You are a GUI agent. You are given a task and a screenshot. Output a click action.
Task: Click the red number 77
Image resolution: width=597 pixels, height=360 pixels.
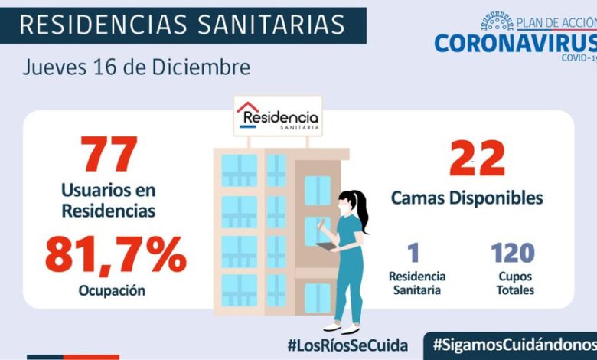[x=109, y=155]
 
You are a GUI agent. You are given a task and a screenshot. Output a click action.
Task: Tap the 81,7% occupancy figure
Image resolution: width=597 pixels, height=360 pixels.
[x=116, y=256]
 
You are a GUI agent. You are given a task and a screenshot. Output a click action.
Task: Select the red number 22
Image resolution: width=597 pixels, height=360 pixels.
[x=477, y=159]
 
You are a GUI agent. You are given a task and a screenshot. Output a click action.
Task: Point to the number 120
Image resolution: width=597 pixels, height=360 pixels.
[x=512, y=253]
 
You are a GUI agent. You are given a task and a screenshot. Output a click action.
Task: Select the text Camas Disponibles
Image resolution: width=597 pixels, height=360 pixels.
[x=467, y=198]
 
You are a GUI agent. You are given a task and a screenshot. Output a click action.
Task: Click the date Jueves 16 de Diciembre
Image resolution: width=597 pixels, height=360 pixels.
[x=135, y=67]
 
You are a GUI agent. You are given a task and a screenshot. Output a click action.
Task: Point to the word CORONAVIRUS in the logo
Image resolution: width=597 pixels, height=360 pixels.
[x=514, y=43]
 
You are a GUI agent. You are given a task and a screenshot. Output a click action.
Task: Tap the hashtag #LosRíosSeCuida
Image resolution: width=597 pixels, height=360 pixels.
[x=347, y=345]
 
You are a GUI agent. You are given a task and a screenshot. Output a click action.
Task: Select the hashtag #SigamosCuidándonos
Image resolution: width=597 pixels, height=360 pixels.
[x=514, y=344]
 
